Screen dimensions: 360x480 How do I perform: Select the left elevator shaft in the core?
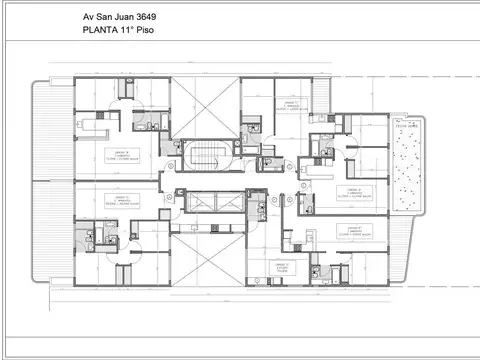click(192, 199)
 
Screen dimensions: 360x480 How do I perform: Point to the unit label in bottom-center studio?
click(283, 268)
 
